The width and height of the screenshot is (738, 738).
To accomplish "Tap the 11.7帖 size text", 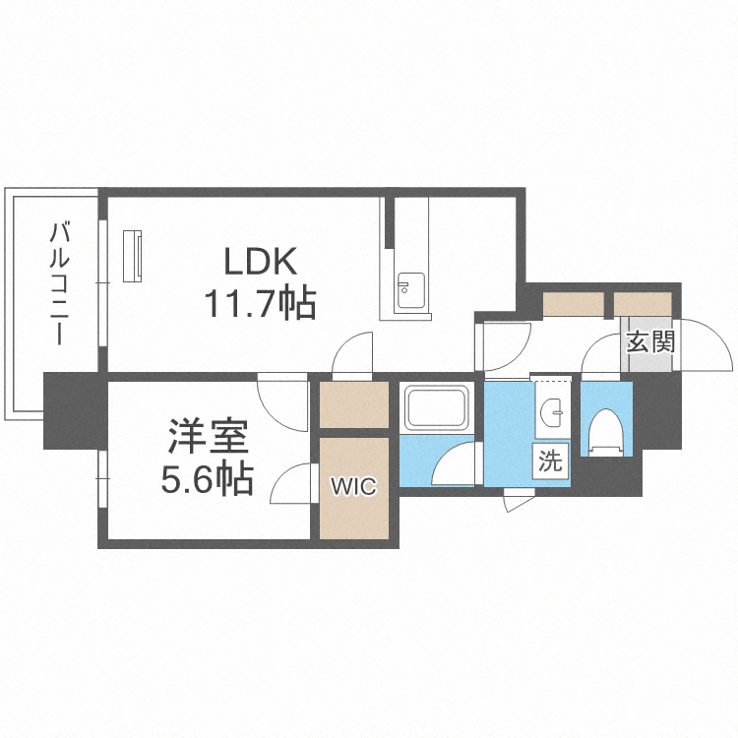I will [260, 304].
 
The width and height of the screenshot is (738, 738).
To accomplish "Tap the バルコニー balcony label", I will [60, 283].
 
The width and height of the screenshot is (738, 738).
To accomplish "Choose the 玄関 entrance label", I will [650, 343].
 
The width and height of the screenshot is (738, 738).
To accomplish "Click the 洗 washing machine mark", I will [550, 461].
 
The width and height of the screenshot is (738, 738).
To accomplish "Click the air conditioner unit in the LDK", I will [134, 255].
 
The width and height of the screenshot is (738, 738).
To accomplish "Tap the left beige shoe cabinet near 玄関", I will [573, 304].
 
